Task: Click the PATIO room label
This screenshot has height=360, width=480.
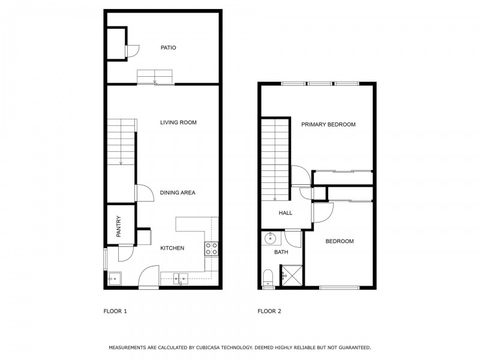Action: coord(167,47)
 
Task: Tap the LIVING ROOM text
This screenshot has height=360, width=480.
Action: coord(178,122)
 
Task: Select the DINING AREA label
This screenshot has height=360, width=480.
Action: coord(178,193)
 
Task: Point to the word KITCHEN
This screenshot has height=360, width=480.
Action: coord(172,248)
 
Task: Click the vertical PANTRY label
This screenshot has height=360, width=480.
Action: coord(119,226)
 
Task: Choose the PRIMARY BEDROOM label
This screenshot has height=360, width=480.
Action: coord(328,125)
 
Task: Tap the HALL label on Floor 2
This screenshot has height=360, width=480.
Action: coord(285,213)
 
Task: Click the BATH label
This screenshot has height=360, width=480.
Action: coord(281,253)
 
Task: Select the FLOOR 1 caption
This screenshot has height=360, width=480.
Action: coord(115,311)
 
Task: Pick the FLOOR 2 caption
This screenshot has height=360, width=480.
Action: coord(269,311)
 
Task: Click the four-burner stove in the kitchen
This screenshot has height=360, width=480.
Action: coord(211,249)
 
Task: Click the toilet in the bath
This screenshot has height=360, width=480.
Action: coord(268,277)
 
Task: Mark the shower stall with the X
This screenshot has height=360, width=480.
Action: coord(285,276)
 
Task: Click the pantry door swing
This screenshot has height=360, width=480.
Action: coord(126,255)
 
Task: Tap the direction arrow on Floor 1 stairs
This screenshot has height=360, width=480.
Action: coord(121,161)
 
